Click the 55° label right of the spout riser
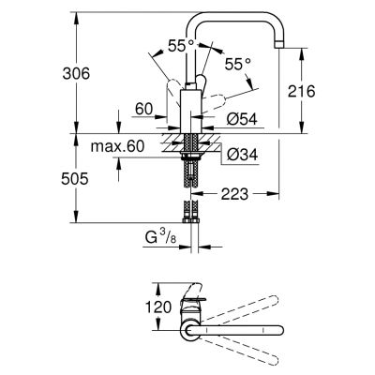click(x=239, y=64)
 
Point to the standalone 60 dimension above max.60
click(x=143, y=110)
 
